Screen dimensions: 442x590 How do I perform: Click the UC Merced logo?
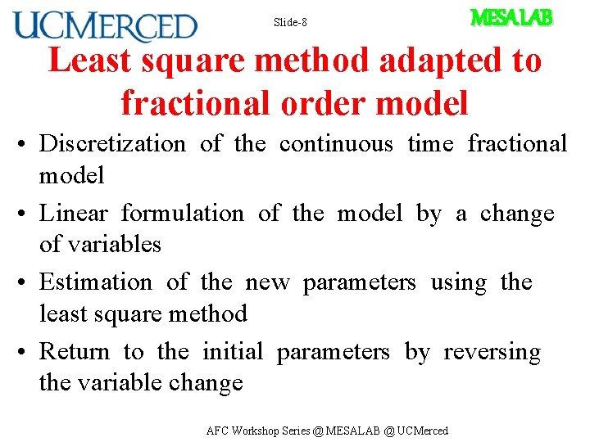(106, 26)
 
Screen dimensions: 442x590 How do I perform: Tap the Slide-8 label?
(290, 23)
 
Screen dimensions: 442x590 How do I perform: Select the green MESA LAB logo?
(511, 17)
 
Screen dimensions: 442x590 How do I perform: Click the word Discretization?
(112, 144)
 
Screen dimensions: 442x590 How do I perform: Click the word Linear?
(74, 214)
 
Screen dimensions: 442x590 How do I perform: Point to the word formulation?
(182, 214)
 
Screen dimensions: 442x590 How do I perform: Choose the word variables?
(115, 245)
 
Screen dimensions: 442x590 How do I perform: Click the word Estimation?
(96, 282)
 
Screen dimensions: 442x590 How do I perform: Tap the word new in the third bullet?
(268, 283)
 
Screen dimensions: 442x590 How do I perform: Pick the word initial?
(232, 352)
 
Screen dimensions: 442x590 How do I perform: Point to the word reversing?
(492, 353)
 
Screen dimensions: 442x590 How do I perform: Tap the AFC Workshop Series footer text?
(327, 431)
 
